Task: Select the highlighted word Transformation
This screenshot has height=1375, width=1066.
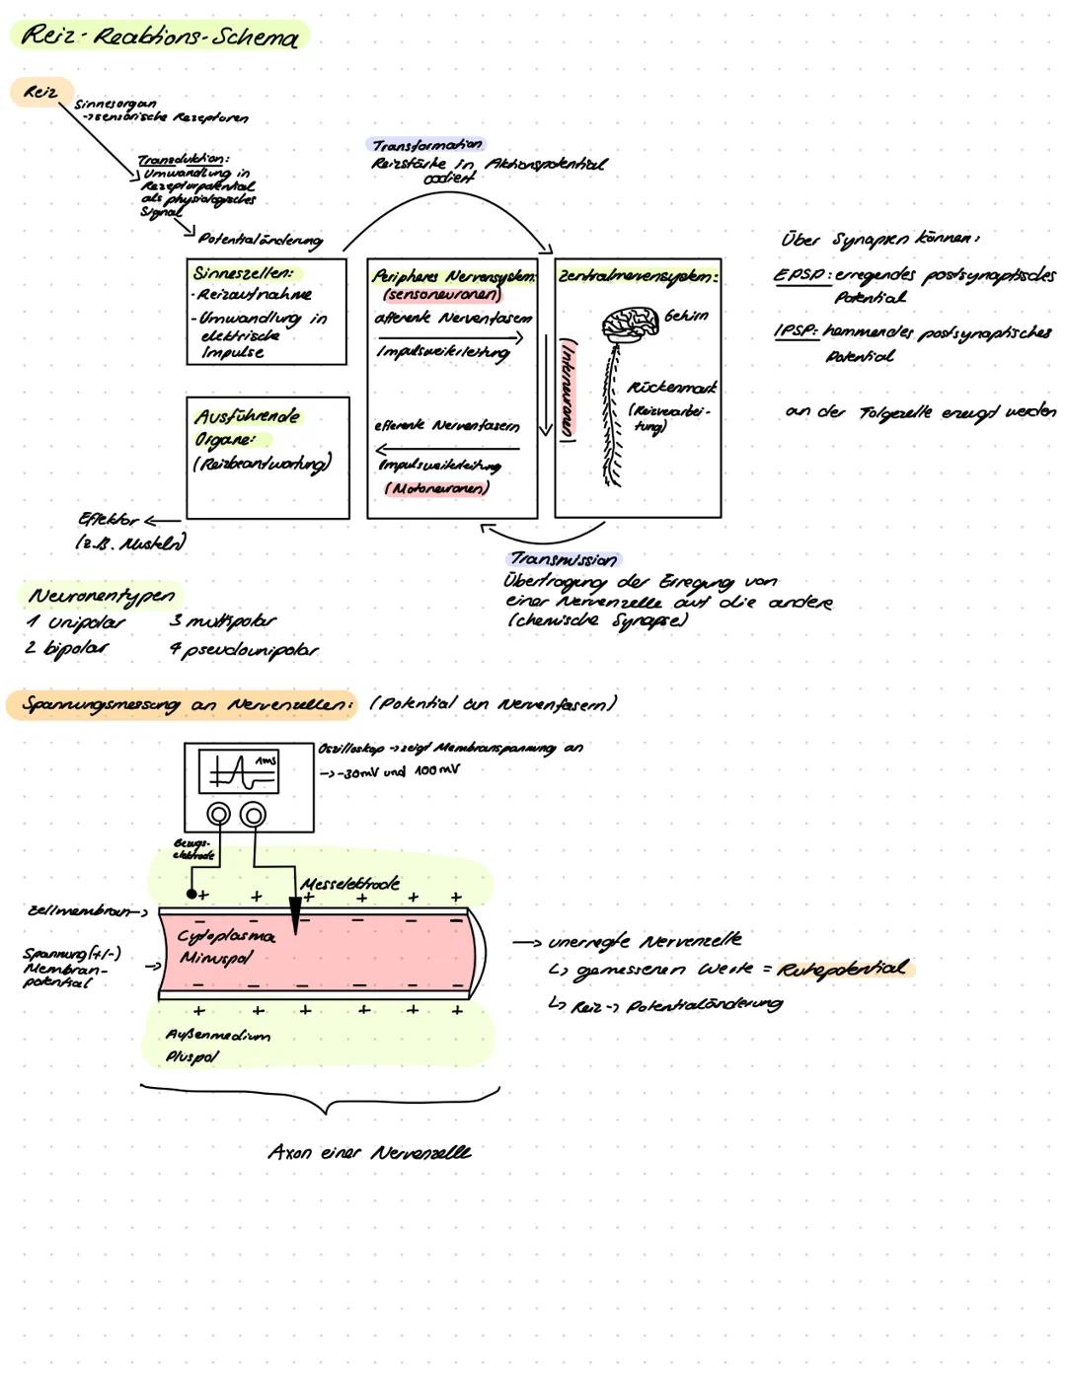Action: coord(426,145)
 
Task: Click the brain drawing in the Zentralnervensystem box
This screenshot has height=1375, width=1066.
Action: coord(629,324)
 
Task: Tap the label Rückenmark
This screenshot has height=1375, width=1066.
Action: coord(672,388)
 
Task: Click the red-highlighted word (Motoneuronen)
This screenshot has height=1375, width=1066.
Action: coord(436,488)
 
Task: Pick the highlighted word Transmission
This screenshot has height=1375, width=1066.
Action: coord(564,559)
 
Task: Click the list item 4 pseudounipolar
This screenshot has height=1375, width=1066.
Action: coord(243,650)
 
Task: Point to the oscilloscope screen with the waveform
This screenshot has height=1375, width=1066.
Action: coord(237,772)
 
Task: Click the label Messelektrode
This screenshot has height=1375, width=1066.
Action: coord(349,883)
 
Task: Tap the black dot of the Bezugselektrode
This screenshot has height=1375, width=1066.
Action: coord(191,894)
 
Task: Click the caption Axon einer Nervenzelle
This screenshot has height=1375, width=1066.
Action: coord(369,1152)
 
